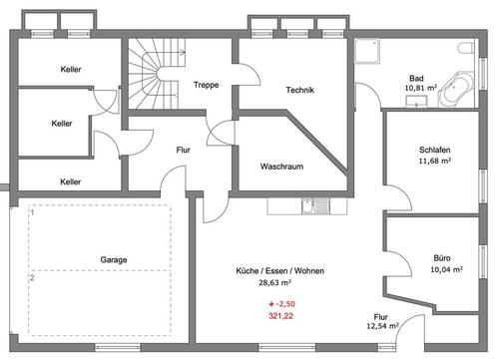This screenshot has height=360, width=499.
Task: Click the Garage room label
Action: (x=114, y=259)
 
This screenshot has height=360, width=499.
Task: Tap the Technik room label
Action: (x=299, y=90)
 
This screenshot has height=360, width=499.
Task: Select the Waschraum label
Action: (x=281, y=167)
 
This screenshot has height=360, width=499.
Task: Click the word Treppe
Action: (x=207, y=85)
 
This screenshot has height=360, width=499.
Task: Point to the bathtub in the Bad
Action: (x=456, y=89)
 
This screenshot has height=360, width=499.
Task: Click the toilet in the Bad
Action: (x=466, y=48)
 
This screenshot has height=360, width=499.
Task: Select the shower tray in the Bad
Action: (x=367, y=51)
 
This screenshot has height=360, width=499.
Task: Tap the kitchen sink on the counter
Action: (x=315, y=206)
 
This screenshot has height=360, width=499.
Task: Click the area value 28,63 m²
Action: (x=274, y=283)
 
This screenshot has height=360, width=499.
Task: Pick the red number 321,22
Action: (x=280, y=316)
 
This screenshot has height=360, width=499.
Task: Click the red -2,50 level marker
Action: (x=281, y=304)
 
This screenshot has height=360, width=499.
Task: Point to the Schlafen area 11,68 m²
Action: (x=435, y=161)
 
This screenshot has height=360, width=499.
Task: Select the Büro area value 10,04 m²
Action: (x=446, y=269)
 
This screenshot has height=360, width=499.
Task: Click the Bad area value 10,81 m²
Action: (x=420, y=88)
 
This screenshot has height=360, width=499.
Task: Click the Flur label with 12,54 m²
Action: (x=382, y=321)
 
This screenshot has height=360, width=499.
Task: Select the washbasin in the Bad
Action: (x=416, y=101)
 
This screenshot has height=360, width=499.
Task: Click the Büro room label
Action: (x=442, y=258)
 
